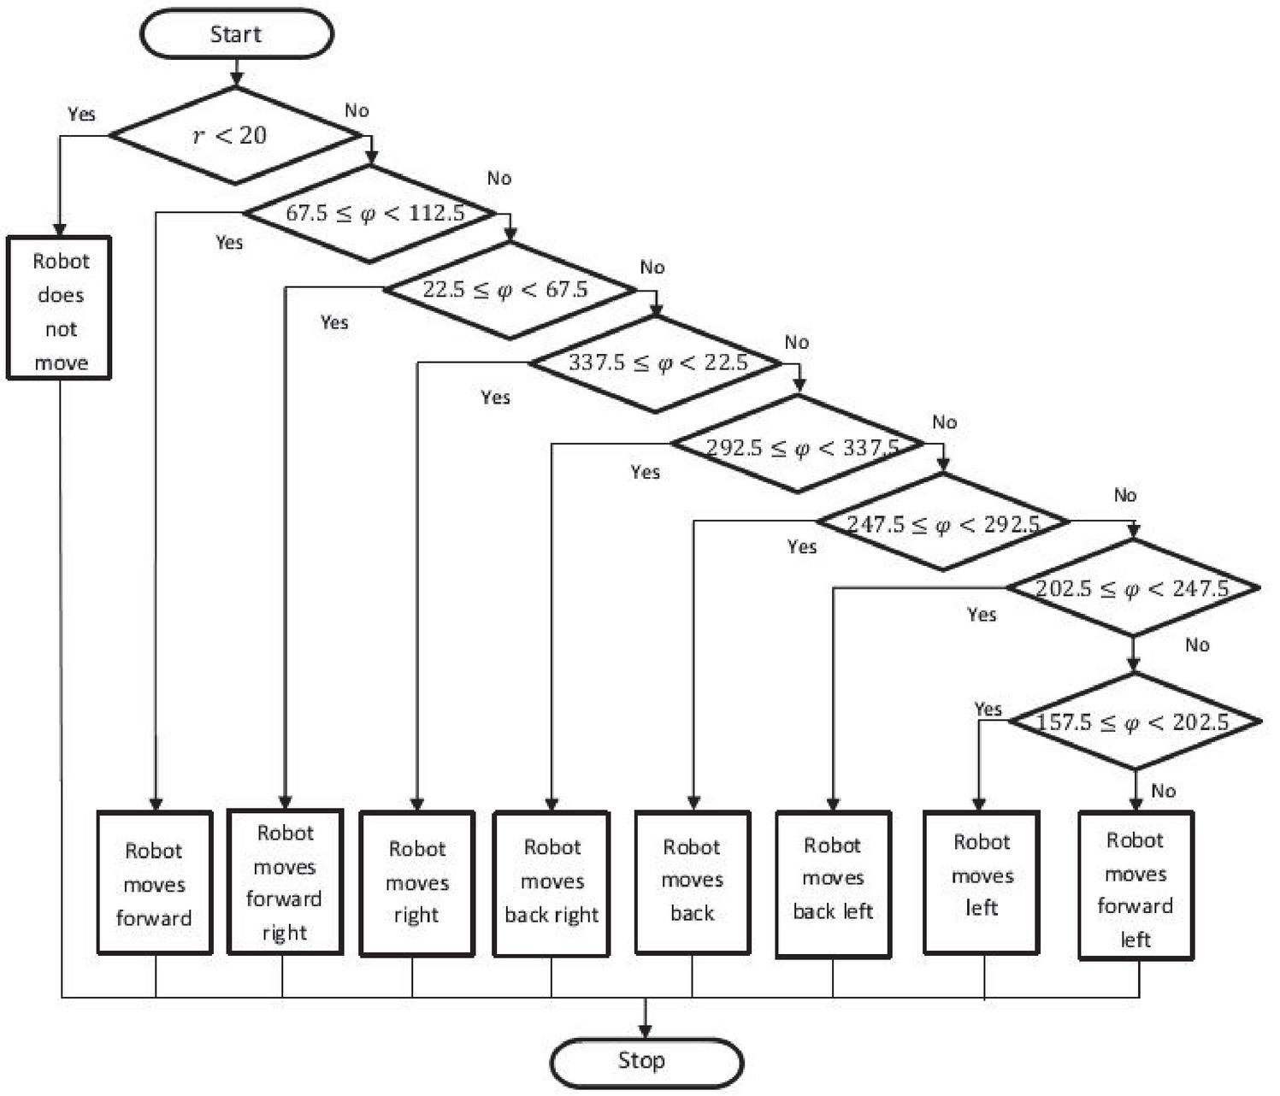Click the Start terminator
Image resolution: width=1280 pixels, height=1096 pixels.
coord(236,34)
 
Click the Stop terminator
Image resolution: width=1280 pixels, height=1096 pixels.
coord(646,1062)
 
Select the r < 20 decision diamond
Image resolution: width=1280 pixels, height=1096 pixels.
coord(235,135)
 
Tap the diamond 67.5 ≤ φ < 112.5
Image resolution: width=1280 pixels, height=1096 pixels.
coord(371,213)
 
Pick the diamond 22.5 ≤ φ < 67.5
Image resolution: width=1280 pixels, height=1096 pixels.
coord(510,290)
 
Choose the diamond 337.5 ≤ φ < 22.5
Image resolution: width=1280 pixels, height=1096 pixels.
coord(656,363)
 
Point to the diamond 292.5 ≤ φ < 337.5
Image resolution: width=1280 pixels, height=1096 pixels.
coord(798,445)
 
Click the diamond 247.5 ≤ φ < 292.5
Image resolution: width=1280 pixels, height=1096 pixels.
coord(943,522)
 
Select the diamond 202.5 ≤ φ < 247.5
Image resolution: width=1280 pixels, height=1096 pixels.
coord(1133,588)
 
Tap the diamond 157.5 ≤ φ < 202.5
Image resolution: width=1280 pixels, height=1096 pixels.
coord(1135,722)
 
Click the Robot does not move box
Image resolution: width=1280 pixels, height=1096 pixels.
coord(60,308)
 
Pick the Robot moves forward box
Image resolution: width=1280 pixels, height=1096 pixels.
coord(154,883)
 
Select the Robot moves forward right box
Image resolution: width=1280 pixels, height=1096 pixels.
coord(285,881)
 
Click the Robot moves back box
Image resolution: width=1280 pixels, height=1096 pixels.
coord(693,881)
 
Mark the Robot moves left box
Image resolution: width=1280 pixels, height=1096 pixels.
coord(982,881)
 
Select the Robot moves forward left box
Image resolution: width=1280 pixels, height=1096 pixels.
coord(1135,886)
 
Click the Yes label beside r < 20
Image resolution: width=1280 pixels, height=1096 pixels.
coord(82,115)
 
